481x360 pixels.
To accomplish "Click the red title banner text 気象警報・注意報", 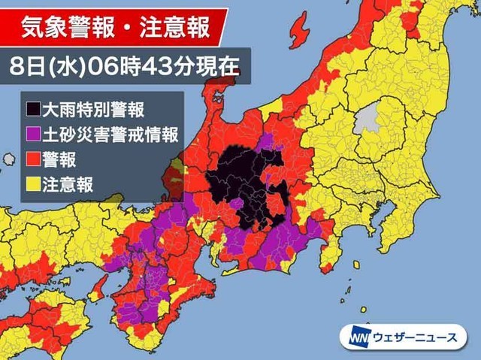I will (114, 28).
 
